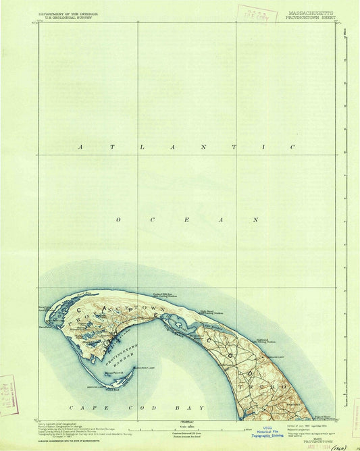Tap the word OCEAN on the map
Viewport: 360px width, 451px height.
point(187,219)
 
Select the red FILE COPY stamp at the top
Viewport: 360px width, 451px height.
point(257,14)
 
